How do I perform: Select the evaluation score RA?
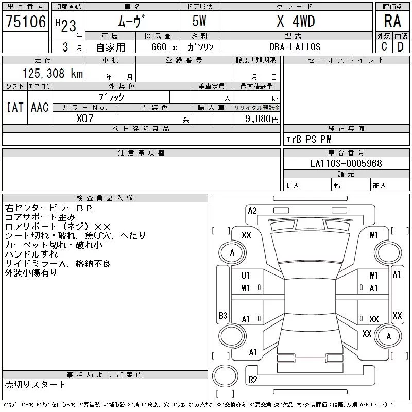[x=392, y=22]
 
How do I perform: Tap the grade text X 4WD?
[x=296, y=22]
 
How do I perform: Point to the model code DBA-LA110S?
[x=295, y=47]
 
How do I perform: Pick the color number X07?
[x=85, y=118]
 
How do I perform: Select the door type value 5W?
[x=200, y=22]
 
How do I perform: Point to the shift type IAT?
[x=14, y=107]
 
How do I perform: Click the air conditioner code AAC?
[x=40, y=107]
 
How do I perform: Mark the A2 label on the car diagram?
[x=252, y=210]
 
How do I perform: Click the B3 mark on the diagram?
[x=222, y=315]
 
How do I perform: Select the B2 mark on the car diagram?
[x=252, y=380]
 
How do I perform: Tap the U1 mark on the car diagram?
[x=246, y=276]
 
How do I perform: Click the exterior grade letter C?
[x=384, y=47]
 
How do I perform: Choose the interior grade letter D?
[x=400, y=47]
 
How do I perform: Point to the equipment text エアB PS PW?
[x=308, y=140]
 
